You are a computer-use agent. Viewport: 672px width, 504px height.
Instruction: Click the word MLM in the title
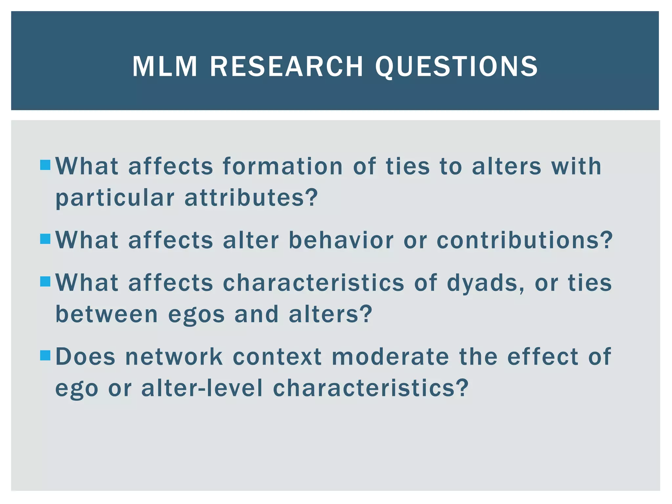click(x=164, y=67)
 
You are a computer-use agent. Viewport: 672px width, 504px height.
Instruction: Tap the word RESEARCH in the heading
click(x=286, y=67)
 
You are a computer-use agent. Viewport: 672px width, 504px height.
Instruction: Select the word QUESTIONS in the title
click(x=456, y=67)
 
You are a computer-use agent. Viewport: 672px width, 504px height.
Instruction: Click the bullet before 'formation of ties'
click(x=45, y=165)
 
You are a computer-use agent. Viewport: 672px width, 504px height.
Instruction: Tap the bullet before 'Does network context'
click(x=45, y=355)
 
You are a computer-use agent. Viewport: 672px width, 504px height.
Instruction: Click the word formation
click(x=283, y=166)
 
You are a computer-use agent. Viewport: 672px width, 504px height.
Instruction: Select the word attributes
click(x=251, y=198)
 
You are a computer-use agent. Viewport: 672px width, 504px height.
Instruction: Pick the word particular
click(x=115, y=199)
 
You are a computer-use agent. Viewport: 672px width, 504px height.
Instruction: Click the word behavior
click(x=341, y=240)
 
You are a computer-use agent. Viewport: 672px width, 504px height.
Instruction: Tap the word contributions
click(x=524, y=240)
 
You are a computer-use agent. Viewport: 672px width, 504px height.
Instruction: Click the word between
click(x=107, y=314)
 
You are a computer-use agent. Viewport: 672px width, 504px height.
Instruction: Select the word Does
click(x=85, y=356)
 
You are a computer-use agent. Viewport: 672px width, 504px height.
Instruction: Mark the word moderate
click(x=390, y=356)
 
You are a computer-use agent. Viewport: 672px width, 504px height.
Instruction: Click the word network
click(x=174, y=356)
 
